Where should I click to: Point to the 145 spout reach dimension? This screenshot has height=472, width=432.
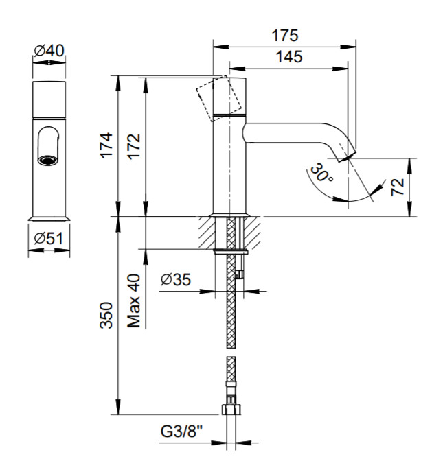point(289,57)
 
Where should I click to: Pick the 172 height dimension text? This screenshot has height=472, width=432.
point(135,145)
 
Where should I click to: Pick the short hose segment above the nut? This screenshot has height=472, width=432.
point(231,378)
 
